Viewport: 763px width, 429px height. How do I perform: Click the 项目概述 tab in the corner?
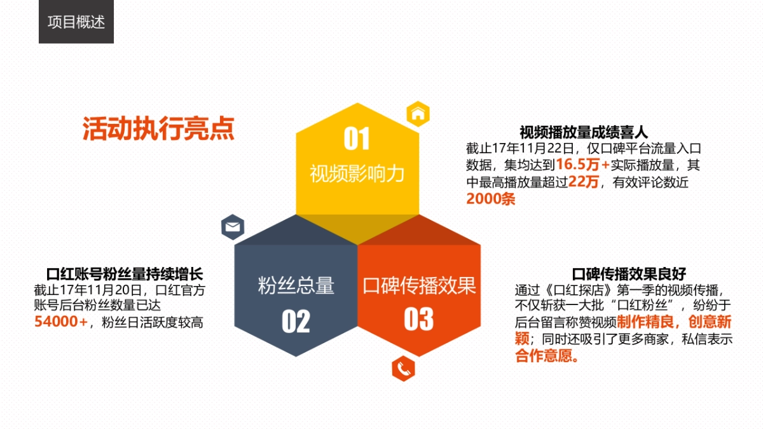[x=76, y=22]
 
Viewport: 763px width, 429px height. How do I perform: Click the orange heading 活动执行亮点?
[x=158, y=128]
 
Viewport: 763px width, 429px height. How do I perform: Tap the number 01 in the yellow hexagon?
[x=357, y=139]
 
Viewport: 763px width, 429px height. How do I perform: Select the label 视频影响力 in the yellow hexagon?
[x=357, y=174]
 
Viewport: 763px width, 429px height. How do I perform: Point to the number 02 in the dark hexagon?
[x=296, y=322]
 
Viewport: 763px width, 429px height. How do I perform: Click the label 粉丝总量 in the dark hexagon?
[x=296, y=285]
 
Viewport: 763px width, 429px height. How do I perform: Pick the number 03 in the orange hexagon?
[x=418, y=320]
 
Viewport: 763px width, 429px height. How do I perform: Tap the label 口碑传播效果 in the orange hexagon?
[x=419, y=285]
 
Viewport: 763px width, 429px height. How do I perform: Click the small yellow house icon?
[x=418, y=114]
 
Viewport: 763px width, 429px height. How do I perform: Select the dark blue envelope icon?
[x=233, y=226]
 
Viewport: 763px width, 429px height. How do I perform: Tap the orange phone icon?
[x=403, y=368]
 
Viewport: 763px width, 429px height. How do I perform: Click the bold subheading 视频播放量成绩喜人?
[x=583, y=133]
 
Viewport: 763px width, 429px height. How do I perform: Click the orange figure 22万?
[x=584, y=182]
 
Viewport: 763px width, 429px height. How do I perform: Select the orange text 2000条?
[x=490, y=198]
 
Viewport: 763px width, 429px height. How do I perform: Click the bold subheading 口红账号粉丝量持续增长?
[x=125, y=275]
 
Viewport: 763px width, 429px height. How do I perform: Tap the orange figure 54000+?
[x=60, y=322]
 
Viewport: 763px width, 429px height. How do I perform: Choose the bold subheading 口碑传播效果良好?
[x=629, y=275]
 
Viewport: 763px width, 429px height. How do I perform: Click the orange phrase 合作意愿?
[x=546, y=357]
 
